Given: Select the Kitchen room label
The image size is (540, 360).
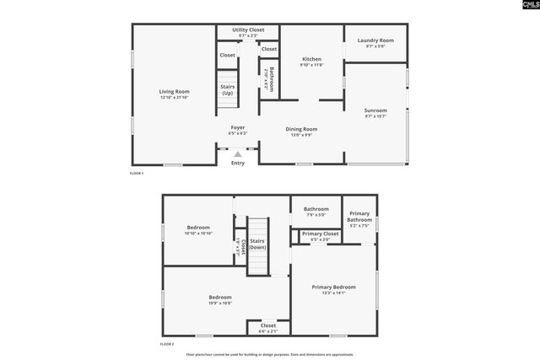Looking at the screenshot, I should tap(311, 58).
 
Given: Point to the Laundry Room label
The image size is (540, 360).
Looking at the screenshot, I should tap(375, 40).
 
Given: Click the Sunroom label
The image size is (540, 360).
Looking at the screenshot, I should tap(375, 110).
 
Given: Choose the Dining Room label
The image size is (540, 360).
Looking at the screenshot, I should tap(301, 128).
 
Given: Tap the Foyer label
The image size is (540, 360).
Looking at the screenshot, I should tap(238, 127).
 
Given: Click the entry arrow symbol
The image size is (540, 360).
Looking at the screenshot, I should tap(238, 154).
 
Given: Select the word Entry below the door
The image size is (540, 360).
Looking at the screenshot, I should tap(238, 163).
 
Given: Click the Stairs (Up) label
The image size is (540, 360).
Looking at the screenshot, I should tap(227, 89).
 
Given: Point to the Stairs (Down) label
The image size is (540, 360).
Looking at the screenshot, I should tap(257, 244).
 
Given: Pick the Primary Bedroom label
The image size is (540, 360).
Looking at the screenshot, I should tap(333, 287).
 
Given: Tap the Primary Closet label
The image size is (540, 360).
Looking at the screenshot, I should tap(320, 234).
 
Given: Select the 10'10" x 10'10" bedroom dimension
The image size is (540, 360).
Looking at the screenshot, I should tap(198, 234).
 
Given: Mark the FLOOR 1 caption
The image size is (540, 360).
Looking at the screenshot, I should tap(137, 174).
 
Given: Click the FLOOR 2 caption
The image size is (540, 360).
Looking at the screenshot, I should tap(167, 345).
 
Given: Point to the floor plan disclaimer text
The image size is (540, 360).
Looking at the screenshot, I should tap(269, 355).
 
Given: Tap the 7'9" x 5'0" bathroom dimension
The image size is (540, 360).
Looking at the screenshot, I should tap(316, 215).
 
